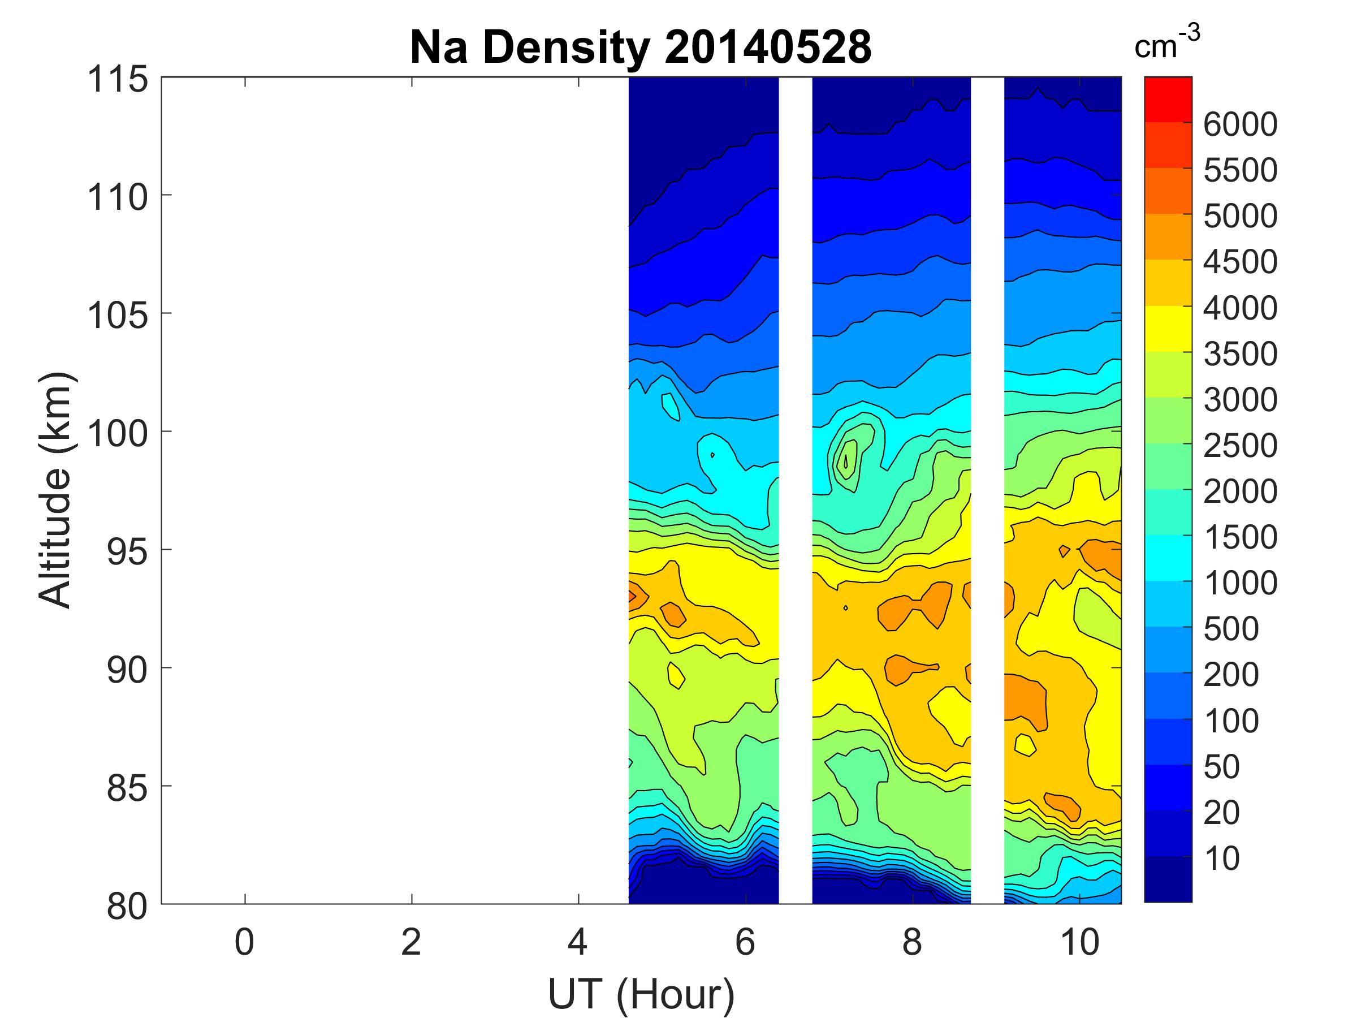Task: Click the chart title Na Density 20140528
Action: point(640,48)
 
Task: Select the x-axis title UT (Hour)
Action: point(641,994)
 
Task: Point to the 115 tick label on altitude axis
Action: point(118,80)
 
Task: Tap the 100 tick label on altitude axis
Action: point(118,433)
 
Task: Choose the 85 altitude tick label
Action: point(127,788)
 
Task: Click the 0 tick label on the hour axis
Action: point(244,943)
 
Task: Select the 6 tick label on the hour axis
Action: point(745,943)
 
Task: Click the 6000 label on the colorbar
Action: point(1240,124)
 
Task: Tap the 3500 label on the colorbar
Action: point(1240,354)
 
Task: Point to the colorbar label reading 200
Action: point(1230,675)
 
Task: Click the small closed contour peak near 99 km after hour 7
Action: point(846,457)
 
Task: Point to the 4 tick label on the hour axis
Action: point(578,943)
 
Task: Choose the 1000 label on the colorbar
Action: point(1240,584)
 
